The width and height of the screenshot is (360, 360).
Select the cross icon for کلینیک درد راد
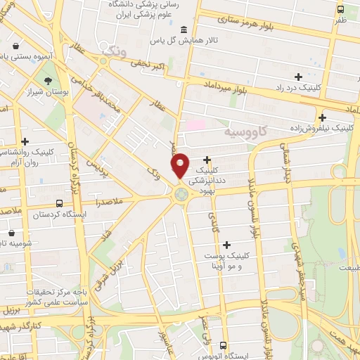tap(299, 76)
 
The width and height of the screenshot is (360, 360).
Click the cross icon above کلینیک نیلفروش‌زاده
tap(322, 117)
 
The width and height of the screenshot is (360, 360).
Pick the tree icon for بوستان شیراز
tap(48, 80)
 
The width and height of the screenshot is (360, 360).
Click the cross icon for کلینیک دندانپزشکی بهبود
tap(207, 160)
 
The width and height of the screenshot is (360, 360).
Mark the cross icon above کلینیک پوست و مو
tap(226, 245)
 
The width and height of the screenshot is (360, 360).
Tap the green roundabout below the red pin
tap(182, 193)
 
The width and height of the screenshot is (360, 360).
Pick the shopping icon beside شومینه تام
tap(11, 231)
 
